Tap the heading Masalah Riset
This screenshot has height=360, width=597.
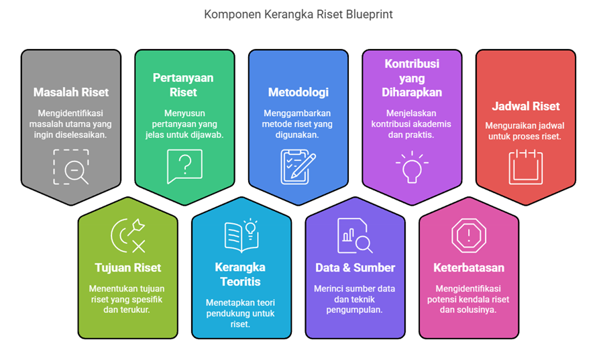(71, 92)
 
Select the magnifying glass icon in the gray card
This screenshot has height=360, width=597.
(71, 167)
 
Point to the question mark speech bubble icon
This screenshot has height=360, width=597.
(184, 166)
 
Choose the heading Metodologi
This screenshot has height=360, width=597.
(298, 92)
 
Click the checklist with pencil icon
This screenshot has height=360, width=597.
(298, 165)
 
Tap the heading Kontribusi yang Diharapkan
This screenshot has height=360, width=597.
(412, 78)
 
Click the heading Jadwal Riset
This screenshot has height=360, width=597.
(525, 106)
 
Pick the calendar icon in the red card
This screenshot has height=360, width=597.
(525, 167)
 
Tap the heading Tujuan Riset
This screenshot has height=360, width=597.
(128, 267)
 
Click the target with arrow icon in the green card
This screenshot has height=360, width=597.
(128, 235)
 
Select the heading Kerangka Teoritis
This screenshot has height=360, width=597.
(241, 274)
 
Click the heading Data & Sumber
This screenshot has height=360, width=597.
(355, 267)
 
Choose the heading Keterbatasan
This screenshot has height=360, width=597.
(469, 267)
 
